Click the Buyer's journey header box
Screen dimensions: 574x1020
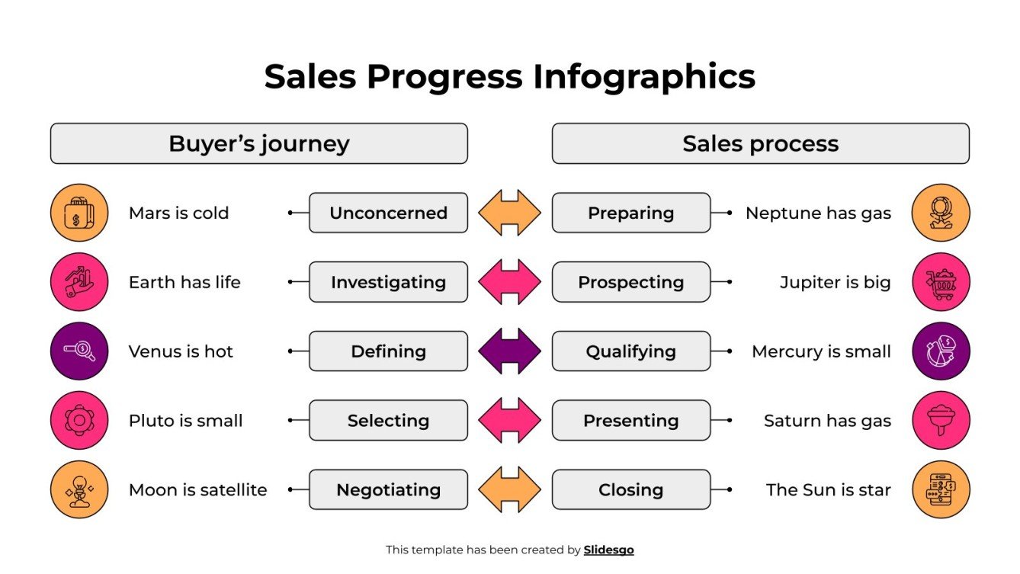pos(258,143)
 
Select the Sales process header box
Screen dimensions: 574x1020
pos(760,143)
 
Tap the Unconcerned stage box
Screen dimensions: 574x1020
pos(388,213)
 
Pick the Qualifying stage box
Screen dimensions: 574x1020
pos(630,351)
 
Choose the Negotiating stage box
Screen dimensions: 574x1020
pos(388,489)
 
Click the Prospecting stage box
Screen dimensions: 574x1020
pos(630,282)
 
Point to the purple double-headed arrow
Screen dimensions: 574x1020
pos(509,351)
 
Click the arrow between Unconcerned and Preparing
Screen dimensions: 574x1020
pos(509,213)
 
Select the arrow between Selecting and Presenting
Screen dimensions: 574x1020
pos(509,420)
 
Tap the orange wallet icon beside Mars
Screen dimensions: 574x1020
pos(79,213)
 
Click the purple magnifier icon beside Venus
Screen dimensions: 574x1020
pos(79,351)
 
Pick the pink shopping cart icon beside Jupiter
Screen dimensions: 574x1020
pos(941,282)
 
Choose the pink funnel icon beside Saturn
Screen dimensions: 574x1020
pos(941,420)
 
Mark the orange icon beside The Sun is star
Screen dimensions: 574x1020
pos(941,489)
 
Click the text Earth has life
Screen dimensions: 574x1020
pos(184,282)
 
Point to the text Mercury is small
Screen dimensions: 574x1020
pos(821,351)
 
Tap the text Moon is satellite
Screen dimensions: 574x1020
pos(197,489)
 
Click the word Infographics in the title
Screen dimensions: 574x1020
pos(643,77)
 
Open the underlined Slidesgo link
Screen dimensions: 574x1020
pos(608,550)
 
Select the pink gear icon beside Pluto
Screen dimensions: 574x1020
pos(79,420)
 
